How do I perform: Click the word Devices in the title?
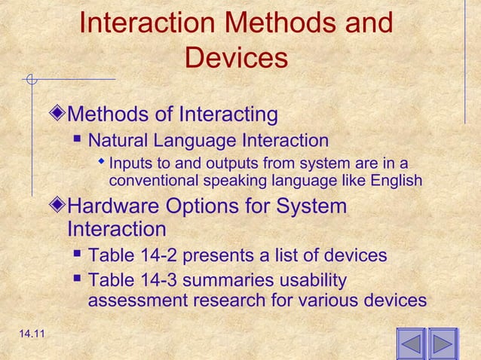tap(236, 59)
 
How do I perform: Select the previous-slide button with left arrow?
tap(411, 344)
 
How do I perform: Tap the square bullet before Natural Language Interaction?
tap(78, 140)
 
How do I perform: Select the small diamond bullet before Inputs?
tap(103, 163)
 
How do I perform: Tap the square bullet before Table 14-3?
tap(78, 280)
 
